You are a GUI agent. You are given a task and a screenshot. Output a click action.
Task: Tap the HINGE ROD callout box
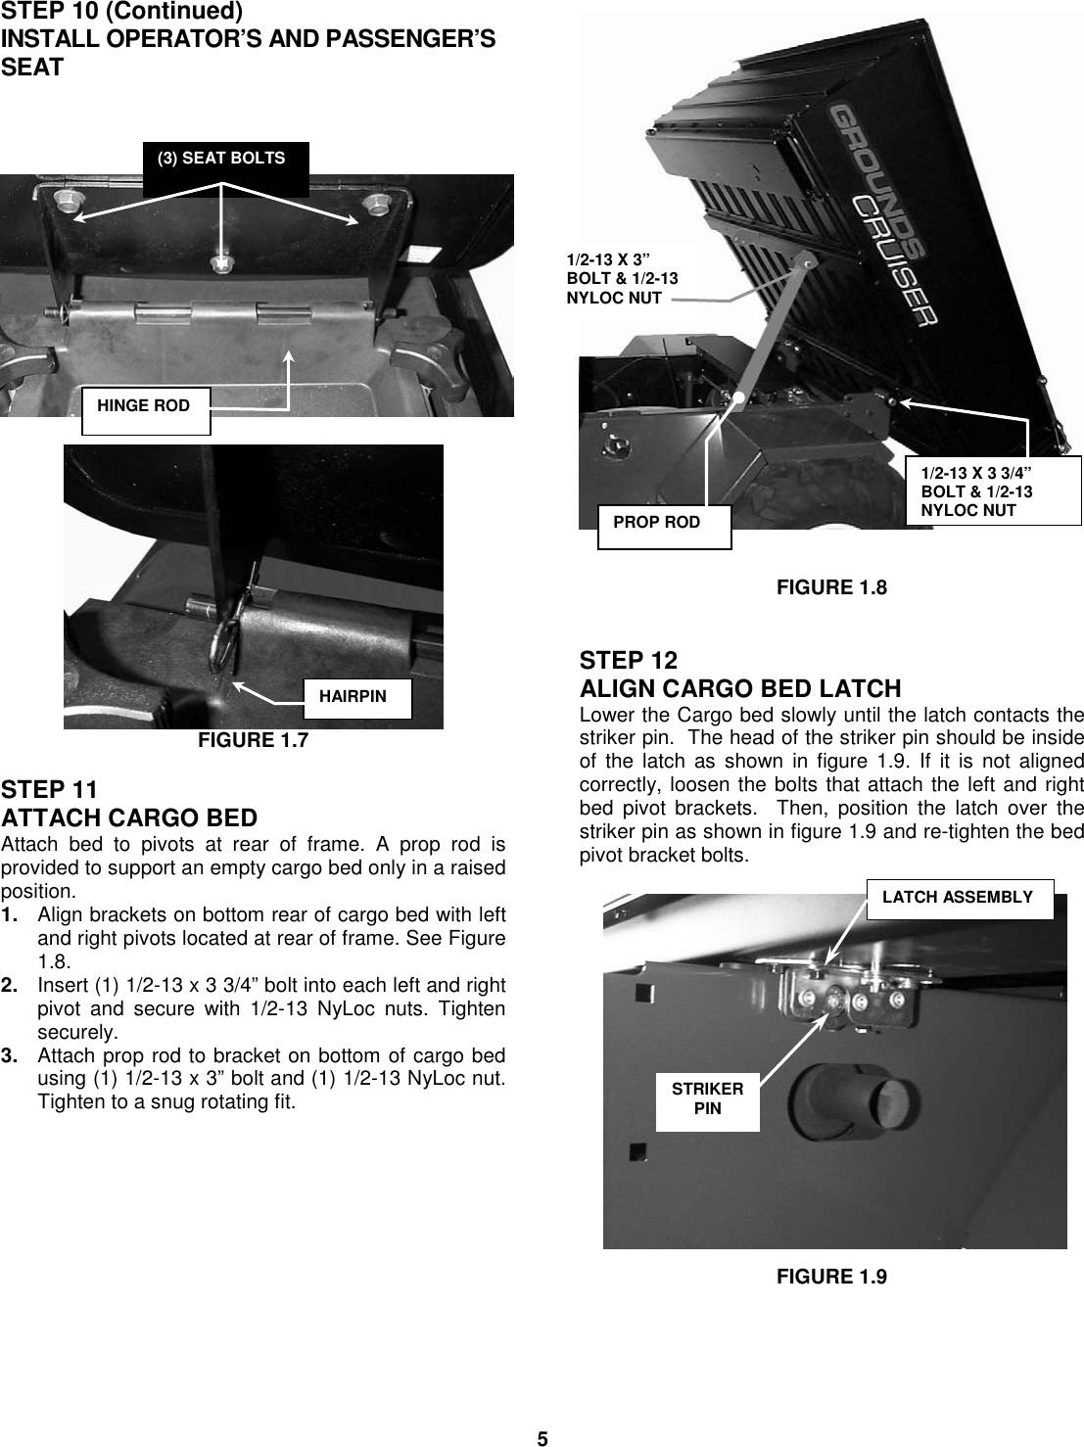(x=145, y=406)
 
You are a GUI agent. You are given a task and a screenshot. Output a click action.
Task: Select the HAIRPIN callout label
(x=357, y=697)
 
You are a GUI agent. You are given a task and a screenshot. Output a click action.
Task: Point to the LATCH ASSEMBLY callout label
(x=958, y=898)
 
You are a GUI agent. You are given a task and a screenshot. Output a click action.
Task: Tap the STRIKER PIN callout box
(x=707, y=1099)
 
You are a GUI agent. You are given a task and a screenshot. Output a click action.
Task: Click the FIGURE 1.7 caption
(x=253, y=741)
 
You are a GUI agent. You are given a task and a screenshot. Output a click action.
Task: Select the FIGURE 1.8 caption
(x=831, y=587)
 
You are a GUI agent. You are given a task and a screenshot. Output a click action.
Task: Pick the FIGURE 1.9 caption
(x=831, y=1277)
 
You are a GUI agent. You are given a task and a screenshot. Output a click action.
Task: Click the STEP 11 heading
(x=49, y=789)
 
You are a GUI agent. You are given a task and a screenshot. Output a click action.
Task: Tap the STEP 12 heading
(x=628, y=660)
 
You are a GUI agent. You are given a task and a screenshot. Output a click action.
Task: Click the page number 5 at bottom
(x=542, y=1437)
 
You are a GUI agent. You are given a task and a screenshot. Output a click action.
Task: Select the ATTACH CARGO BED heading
(x=129, y=817)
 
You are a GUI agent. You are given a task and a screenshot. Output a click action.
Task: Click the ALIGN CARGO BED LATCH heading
(x=740, y=688)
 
